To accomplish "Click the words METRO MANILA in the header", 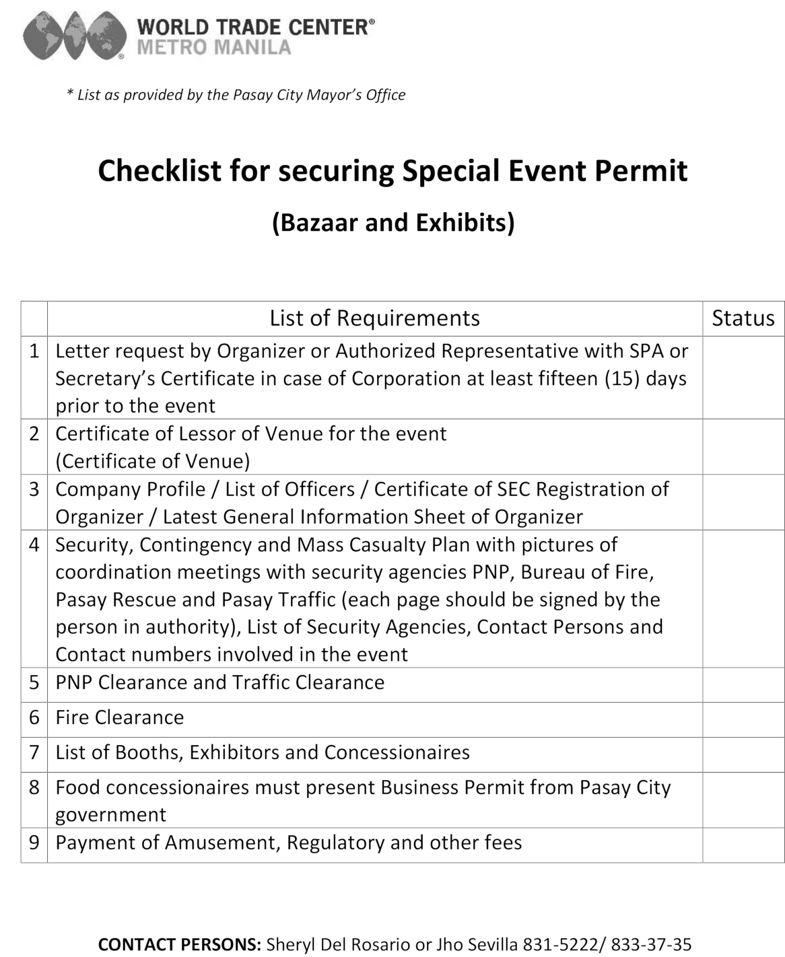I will tap(214, 47).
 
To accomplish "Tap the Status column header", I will tap(743, 318).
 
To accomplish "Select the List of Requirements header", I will tap(374, 318).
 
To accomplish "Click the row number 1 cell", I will tap(34, 351).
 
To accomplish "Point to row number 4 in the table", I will tap(34, 544).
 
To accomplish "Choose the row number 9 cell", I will tap(34, 843).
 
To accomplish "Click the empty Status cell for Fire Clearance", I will tap(743, 719).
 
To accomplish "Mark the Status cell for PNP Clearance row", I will tap(743, 684).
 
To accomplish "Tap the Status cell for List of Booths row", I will tap(743, 754).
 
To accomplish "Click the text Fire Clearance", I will tap(120, 717).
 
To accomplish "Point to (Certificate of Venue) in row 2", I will tap(153, 461).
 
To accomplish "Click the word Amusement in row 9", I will tap(222, 843).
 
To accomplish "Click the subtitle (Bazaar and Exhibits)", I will tap(393, 222).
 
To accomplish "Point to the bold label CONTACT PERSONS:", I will tap(180, 944).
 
